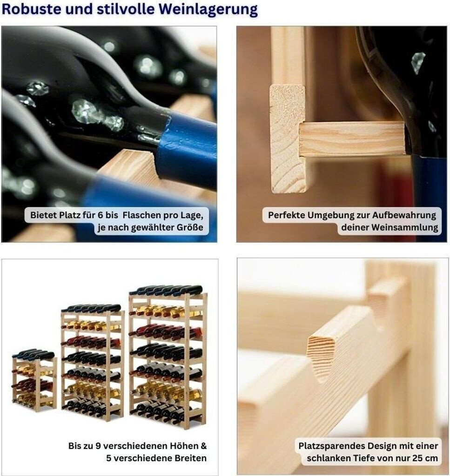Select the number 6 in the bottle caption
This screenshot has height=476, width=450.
pos(100,215)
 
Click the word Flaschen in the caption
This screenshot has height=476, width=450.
pos(141,215)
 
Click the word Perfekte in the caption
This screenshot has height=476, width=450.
pos(286,215)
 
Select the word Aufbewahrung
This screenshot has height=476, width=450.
pos(404,215)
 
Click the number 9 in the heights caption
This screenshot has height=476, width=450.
pos(98,446)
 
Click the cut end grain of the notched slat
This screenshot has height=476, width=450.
pos(324,356)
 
